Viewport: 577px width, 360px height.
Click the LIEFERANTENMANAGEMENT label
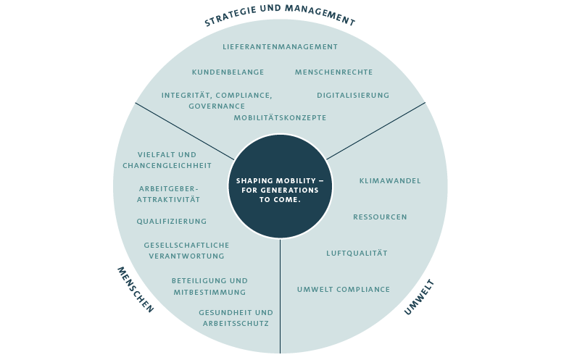tap(280, 47)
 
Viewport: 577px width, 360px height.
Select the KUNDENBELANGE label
tap(228, 72)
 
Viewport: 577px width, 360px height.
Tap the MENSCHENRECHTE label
tap(333, 72)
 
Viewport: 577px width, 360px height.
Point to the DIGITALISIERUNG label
tap(353, 95)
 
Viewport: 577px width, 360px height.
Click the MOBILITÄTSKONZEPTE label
tap(280, 117)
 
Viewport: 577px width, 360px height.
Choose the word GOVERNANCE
tap(217, 106)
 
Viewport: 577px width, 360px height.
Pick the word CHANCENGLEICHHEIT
tap(167, 166)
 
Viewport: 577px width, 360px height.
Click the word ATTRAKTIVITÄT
tap(169, 200)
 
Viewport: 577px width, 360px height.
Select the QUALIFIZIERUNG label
tap(172, 222)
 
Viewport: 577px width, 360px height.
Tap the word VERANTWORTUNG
tap(186, 256)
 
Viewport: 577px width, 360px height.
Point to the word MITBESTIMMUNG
tap(209, 293)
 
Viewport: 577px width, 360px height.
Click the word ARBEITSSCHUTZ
tap(236, 324)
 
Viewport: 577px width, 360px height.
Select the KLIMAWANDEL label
tap(390, 181)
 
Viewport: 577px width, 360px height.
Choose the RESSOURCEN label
tap(380, 217)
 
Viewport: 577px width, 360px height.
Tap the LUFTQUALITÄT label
tap(357, 253)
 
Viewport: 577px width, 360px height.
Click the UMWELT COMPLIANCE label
tap(344, 290)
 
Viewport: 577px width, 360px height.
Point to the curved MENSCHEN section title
tap(135, 290)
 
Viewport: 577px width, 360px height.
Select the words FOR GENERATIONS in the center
tap(280, 190)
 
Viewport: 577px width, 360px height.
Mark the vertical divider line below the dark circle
tap(280, 296)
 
